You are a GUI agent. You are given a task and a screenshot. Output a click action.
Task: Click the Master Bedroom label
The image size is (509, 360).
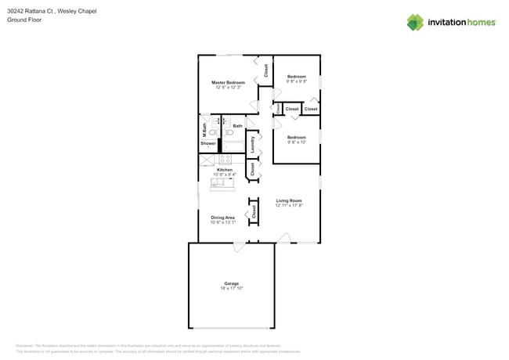tap(228, 82)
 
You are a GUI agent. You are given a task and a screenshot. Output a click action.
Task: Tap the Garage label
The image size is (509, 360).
tap(231, 283)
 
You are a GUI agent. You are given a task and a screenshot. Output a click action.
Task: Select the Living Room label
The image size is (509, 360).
tap(288, 200)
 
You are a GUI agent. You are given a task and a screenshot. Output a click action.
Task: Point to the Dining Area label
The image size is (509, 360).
tap(222, 218)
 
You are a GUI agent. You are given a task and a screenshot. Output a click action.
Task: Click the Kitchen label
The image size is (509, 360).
tap(225, 169)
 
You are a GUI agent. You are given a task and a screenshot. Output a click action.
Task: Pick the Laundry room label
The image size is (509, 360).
tap(253, 144)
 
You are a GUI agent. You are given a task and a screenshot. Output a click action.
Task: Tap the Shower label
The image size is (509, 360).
tap(208, 143)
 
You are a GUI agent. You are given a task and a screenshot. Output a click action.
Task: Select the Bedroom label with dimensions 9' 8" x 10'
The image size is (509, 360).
tap(296, 137)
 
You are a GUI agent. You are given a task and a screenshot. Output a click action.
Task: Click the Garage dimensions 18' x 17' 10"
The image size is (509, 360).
tap(231, 289)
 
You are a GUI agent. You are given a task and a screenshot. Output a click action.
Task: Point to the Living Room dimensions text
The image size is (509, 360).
tap(288, 206)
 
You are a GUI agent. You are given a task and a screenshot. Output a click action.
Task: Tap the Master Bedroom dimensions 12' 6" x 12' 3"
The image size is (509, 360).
tap(228, 88)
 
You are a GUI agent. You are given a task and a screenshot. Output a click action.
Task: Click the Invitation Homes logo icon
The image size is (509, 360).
tap(415, 22)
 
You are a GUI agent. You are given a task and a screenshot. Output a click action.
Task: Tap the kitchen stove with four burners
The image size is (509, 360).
tap(225, 160)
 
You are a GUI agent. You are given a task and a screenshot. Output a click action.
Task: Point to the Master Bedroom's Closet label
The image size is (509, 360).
tap(265, 70)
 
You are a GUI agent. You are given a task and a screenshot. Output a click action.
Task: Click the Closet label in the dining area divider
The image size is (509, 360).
tap(254, 211)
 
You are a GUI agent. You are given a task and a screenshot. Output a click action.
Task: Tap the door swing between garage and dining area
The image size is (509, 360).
tap(239, 247)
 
